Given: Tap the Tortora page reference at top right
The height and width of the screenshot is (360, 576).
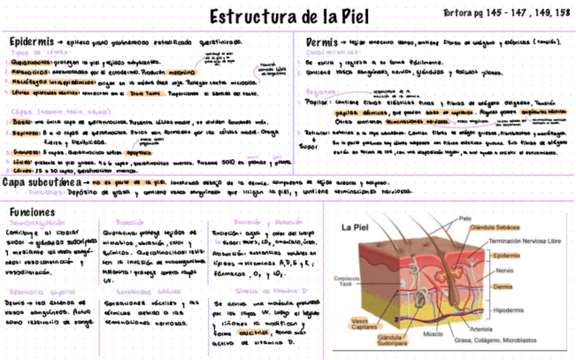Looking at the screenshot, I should pyautogui.click(x=506, y=13).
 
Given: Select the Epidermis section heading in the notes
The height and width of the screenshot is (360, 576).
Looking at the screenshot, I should pyautogui.click(x=31, y=41).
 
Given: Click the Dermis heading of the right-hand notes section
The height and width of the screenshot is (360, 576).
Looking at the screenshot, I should pyautogui.click(x=321, y=41).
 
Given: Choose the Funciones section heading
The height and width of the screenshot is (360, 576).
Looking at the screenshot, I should pyautogui.click(x=32, y=213).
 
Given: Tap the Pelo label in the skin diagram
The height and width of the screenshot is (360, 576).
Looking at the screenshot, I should pyautogui.click(x=465, y=219).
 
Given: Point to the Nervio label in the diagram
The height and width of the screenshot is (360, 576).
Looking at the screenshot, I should pyautogui.click(x=504, y=270).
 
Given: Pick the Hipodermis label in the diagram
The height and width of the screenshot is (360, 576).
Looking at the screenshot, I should pyautogui.click(x=509, y=310).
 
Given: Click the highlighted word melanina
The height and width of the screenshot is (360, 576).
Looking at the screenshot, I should pyautogui.click(x=178, y=71).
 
